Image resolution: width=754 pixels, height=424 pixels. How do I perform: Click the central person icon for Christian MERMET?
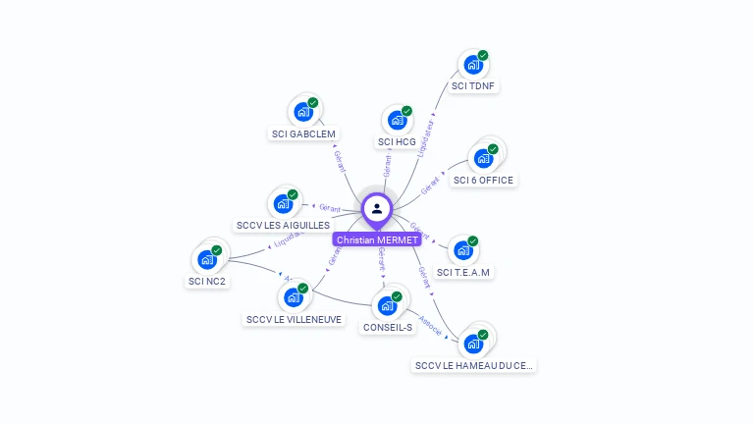(x=377, y=208)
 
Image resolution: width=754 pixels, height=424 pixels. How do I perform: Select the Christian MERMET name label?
(x=377, y=239)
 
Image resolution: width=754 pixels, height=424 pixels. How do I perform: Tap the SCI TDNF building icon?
(x=473, y=66)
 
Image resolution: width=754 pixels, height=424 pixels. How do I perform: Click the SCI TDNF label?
(x=474, y=86)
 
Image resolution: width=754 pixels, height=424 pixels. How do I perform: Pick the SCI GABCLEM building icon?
(x=303, y=112)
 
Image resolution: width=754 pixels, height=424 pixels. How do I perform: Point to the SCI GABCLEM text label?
(x=303, y=133)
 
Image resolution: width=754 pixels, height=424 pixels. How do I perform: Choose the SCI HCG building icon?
(x=397, y=120)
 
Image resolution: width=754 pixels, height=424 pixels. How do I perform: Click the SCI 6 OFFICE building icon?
(x=483, y=158)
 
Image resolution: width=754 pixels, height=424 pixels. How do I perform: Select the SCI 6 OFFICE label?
(x=483, y=180)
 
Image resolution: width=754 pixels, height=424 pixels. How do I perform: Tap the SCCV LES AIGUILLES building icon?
(x=283, y=203)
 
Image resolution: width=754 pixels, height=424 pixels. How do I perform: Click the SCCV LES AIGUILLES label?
(x=283, y=225)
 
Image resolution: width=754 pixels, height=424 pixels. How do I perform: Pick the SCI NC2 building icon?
(x=207, y=259)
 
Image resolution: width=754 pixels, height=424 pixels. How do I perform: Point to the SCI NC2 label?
(x=207, y=282)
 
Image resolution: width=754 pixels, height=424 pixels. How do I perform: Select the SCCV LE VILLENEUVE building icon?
(x=294, y=297)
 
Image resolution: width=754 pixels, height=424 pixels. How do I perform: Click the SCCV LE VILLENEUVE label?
(x=295, y=319)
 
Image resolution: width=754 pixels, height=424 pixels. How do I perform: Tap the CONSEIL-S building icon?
(x=388, y=305)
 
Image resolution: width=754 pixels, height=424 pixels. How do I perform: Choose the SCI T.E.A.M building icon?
(x=462, y=250)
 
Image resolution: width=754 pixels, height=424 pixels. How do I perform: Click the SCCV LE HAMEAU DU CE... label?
(x=474, y=366)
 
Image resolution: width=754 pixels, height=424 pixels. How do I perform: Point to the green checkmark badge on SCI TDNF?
(x=483, y=56)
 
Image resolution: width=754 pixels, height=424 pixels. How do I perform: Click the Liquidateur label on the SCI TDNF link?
(x=425, y=138)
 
